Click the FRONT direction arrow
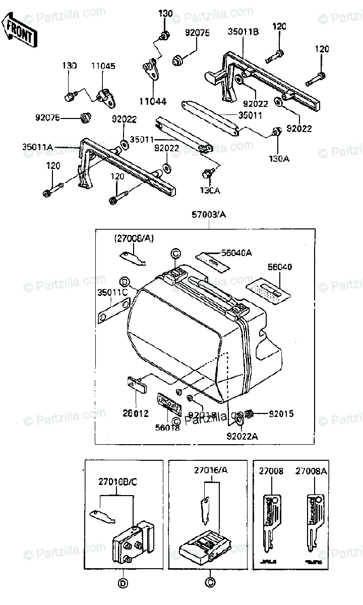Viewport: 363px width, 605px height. (x=19, y=30)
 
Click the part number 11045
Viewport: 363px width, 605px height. (x=103, y=66)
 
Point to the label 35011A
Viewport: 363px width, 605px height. (x=37, y=147)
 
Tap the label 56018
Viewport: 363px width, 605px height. (x=168, y=427)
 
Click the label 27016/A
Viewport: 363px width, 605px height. (x=211, y=471)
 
